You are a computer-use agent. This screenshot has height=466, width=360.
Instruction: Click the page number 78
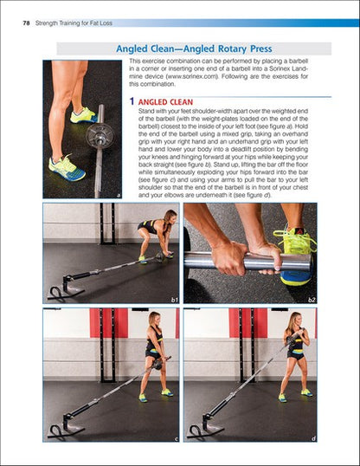coord(26,10)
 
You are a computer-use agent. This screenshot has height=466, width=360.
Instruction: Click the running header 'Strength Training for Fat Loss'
coord(80,10)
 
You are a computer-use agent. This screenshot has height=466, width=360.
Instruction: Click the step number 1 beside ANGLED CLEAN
coord(132,101)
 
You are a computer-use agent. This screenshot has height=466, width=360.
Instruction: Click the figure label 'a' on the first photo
coord(117,196)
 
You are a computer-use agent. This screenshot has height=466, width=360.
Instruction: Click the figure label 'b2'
coord(310,298)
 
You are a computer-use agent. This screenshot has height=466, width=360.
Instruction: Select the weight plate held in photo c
coord(159,362)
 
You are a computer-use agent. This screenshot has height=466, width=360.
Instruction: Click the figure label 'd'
coord(312,438)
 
